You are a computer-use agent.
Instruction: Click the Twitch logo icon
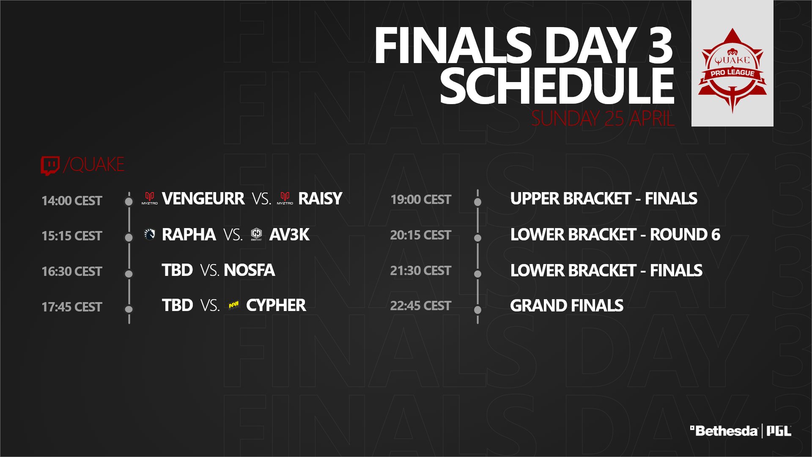50,165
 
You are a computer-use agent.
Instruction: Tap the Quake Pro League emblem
732,70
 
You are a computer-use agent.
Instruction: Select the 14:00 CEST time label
72,201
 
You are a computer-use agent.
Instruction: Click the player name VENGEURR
203,198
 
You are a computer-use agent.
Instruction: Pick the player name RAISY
320,198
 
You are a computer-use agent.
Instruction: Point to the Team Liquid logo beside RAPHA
149,234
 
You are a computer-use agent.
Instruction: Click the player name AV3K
289,234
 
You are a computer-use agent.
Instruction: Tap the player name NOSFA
249,270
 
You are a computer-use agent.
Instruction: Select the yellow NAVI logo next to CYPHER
233,305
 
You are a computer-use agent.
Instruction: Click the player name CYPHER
276,305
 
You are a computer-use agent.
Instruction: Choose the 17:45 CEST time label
72,307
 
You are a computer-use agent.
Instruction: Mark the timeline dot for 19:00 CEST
478,202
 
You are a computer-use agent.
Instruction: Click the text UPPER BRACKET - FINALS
604,198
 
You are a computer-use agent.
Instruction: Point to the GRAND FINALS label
567,306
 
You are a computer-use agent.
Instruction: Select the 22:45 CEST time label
420,306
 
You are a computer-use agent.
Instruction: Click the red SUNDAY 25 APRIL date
603,118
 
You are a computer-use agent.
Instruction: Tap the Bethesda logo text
724,431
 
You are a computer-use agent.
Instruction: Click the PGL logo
779,431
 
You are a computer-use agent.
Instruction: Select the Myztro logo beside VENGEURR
149,198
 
